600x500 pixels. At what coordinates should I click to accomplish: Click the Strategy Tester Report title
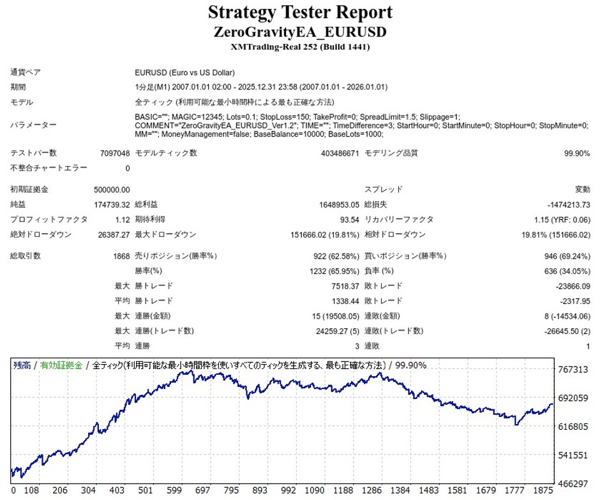(x=300, y=12)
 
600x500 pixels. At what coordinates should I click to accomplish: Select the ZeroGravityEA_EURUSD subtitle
(x=300, y=32)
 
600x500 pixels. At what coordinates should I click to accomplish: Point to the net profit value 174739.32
(x=111, y=204)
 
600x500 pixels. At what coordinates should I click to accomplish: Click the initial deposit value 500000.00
(x=111, y=190)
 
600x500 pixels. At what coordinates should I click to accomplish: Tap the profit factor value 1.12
(x=122, y=219)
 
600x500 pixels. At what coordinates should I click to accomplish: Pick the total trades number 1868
(x=120, y=256)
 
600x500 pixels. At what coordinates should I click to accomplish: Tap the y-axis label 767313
(x=572, y=370)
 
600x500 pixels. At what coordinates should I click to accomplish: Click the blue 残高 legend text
(x=22, y=365)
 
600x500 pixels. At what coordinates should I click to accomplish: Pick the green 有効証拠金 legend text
(x=61, y=365)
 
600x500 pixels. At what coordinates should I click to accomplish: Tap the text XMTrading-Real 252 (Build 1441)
(x=300, y=47)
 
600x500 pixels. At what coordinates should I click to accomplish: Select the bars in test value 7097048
(x=115, y=153)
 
